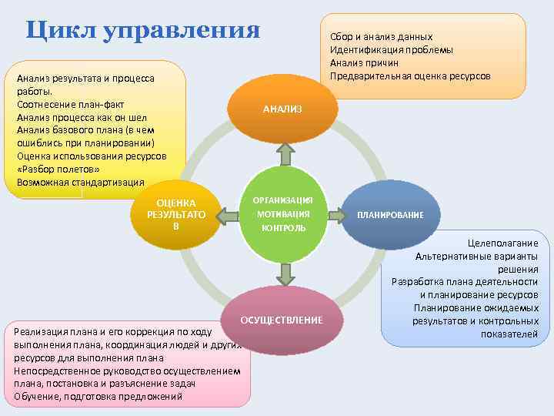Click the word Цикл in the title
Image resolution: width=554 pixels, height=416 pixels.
(62, 29)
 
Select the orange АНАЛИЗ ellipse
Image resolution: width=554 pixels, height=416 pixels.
(282, 109)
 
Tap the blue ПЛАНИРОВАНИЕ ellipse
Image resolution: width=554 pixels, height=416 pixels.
(389, 214)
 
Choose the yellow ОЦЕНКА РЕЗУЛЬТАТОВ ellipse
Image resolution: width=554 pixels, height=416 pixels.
(176, 215)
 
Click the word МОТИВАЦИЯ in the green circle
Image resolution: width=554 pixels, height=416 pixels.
(284, 213)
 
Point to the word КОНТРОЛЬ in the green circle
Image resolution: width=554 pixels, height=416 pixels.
(284, 228)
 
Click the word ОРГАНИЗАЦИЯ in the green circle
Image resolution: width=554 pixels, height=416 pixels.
(284, 200)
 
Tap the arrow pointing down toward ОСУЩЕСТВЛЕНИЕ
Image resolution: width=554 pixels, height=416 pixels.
(285, 273)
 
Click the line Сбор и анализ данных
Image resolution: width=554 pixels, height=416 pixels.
(381, 37)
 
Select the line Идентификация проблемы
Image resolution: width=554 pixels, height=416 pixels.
(391, 50)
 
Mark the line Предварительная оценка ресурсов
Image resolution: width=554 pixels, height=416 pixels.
(409, 75)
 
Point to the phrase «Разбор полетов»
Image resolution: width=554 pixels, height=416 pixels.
(53, 169)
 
